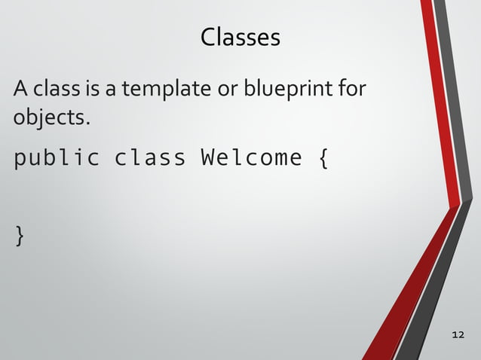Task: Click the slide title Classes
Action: click(240, 37)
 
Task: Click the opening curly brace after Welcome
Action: click(323, 160)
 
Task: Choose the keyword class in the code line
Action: click(149, 158)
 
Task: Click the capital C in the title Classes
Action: click(208, 37)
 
